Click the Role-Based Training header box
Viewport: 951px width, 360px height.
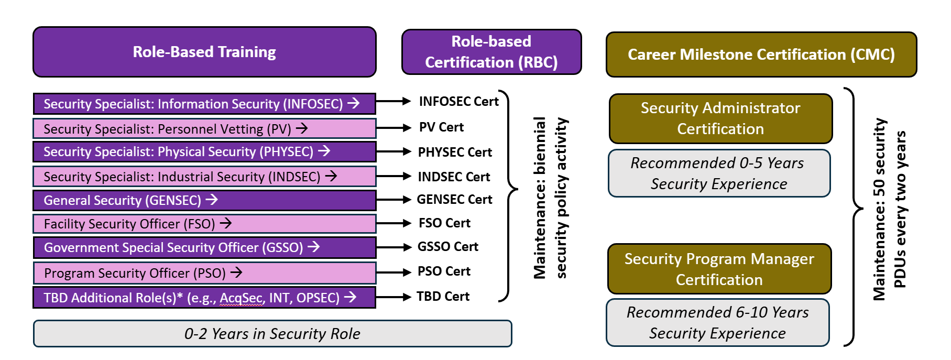click(204, 52)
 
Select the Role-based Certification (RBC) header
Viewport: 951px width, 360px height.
click(491, 52)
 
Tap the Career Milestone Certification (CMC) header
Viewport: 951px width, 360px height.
click(761, 54)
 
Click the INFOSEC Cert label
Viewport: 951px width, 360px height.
click(458, 102)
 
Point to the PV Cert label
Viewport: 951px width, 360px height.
click(441, 127)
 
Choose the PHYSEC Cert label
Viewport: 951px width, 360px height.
click(455, 152)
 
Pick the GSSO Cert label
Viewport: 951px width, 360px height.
click(447, 247)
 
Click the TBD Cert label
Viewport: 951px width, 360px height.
click(443, 297)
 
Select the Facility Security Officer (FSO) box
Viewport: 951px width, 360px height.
click(204, 224)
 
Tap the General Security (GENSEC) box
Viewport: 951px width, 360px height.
click(204, 200)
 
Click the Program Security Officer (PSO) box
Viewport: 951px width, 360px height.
click(204, 273)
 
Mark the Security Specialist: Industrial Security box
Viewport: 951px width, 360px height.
click(204, 177)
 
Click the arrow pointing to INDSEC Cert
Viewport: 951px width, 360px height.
click(393, 177)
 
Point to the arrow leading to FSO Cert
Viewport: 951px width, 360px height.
click(393, 223)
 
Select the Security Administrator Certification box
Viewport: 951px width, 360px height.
click(720, 118)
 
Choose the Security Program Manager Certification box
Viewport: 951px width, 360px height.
click(719, 269)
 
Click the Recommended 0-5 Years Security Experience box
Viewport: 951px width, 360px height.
click(719, 173)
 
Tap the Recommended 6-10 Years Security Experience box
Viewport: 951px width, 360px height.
click(717, 323)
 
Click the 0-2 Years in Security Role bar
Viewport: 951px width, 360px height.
click(272, 334)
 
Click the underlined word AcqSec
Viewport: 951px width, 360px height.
click(241, 298)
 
